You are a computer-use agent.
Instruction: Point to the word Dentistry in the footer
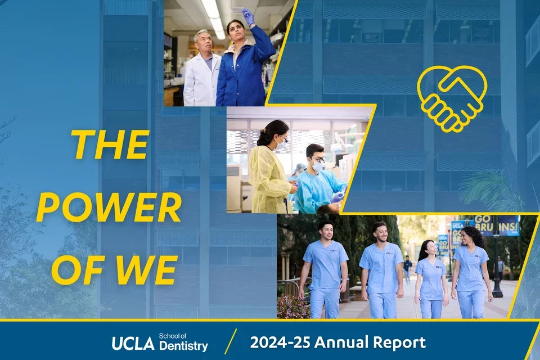pyautogui.click(x=183, y=346)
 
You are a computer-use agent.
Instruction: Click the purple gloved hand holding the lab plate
pyautogui.click(x=248, y=16)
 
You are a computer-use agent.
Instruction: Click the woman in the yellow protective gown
pyautogui.click(x=269, y=169)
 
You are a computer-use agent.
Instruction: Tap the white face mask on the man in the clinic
pyautogui.click(x=318, y=166)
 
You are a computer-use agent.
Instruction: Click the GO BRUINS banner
pyautogui.click(x=496, y=225)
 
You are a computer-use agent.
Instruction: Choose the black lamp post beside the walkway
pyautogui.click(x=497, y=264)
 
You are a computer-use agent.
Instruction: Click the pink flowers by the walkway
pyautogui.click(x=292, y=307)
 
